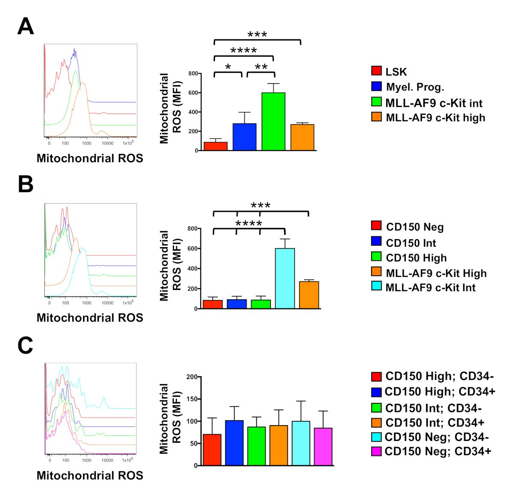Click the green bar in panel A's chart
[273, 122]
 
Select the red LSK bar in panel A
[215, 146]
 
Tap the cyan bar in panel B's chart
[285, 278]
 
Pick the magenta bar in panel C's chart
[323, 446]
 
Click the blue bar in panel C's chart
[234, 443]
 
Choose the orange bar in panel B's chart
[309, 295]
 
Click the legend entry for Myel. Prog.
[415, 87]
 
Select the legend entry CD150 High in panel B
[416, 258]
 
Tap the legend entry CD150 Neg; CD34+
[437, 451]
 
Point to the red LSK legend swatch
[376, 71]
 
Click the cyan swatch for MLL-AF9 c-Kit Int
[376, 286]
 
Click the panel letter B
[26, 184]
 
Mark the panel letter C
[26, 345]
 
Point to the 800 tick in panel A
[193, 74]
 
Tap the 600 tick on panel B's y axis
[193, 248]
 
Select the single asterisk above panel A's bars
[228, 67]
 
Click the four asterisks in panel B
[249, 223]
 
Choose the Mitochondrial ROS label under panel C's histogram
[90, 476]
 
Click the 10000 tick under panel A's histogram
[108, 143]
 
